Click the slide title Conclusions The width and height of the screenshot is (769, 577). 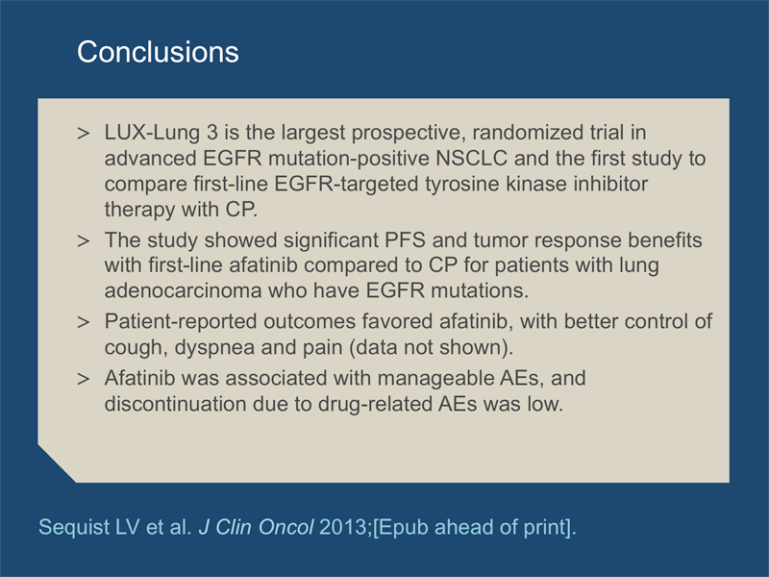(x=158, y=52)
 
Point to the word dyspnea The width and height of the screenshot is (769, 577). (x=214, y=348)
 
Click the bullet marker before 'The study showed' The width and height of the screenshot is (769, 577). (x=84, y=241)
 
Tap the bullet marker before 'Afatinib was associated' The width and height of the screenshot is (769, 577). (x=84, y=379)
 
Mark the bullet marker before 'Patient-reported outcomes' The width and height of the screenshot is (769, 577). (x=84, y=322)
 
